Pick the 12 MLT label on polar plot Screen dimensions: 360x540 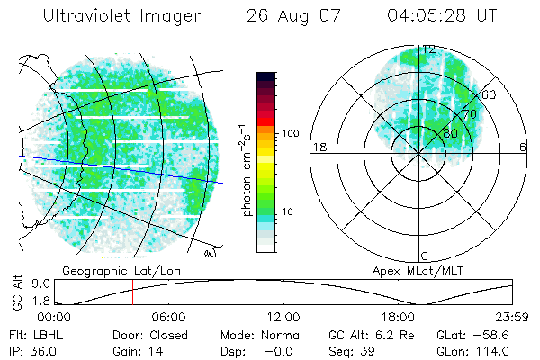click(x=429, y=49)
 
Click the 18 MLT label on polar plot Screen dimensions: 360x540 click(x=318, y=147)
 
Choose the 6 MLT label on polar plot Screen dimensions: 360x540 click(x=523, y=147)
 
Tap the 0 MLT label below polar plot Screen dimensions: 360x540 click(x=425, y=256)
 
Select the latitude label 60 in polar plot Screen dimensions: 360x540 click(x=490, y=94)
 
